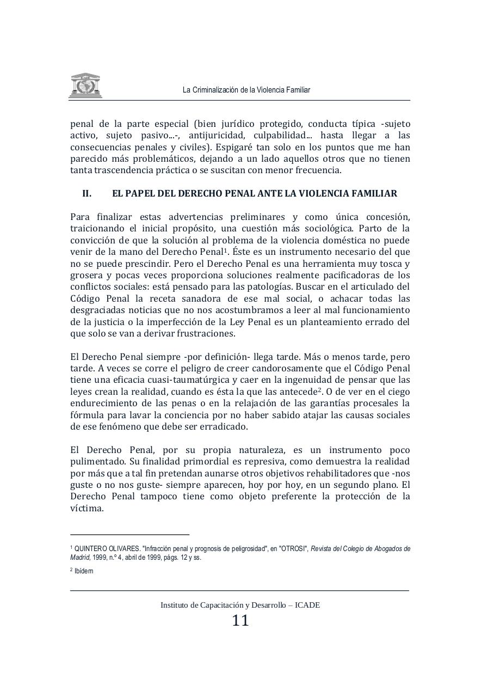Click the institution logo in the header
(x=85, y=86)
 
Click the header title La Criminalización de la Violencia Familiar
(x=246, y=90)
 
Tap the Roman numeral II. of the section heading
(x=87, y=193)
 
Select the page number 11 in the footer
(x=241, y=621)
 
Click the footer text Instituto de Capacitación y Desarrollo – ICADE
(x=241, y=605)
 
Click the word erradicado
(x=225, y=426)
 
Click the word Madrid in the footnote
(x=80, y=558)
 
